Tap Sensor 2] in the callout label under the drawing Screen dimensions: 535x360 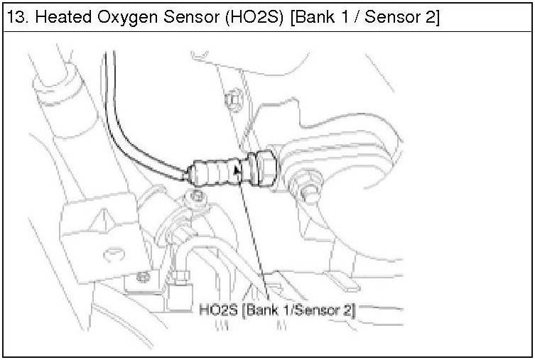[328, 310]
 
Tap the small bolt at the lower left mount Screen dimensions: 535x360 [146, 276]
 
